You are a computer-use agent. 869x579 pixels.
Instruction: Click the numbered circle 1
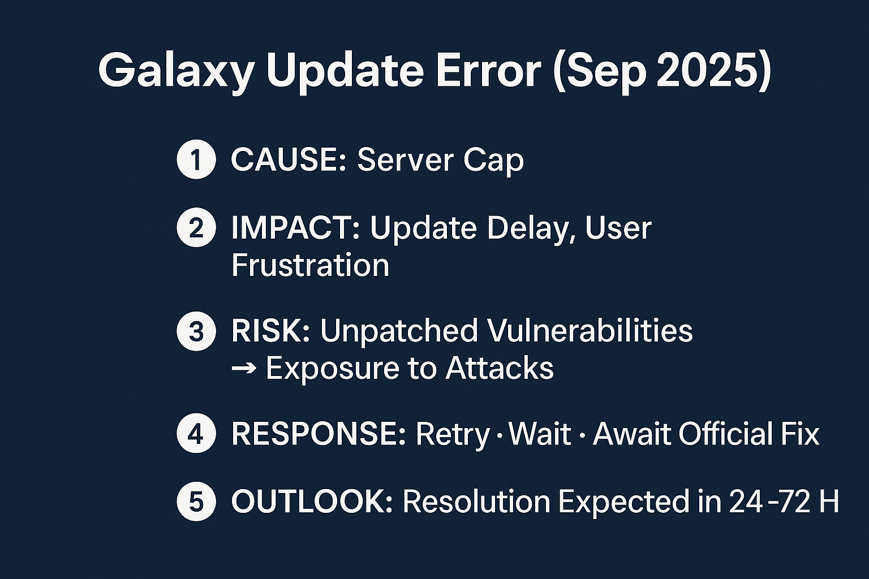pos(196,159)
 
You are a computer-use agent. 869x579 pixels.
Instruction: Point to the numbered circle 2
pos(196,227)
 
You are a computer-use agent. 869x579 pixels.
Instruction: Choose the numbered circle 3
pos(196,331)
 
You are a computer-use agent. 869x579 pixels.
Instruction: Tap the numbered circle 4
pos(196,433)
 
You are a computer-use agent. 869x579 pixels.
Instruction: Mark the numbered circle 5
pos(196,501)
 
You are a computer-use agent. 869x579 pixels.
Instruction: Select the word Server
pos(405,159)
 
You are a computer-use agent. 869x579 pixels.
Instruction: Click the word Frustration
pos(311,265)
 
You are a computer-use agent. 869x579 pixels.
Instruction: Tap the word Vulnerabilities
pos(507,331)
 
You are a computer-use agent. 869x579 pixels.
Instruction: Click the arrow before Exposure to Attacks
pos(244,368)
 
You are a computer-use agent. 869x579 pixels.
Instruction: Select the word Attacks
pos(500,368)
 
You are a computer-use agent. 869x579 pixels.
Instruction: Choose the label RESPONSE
pos(319,433)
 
